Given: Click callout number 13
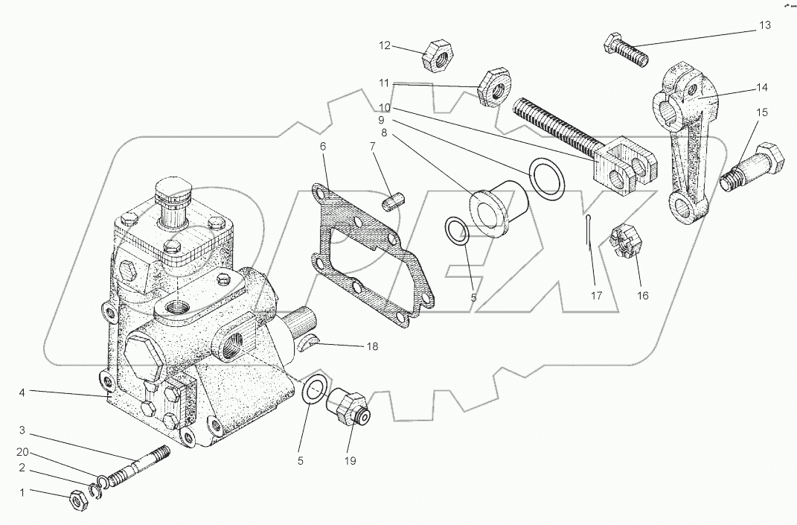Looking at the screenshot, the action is [765, 25].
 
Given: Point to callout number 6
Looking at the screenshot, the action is [323, 147].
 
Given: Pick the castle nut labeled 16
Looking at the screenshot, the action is [623, 242].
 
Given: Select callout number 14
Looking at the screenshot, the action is [761, 87].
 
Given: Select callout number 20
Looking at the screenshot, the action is [22, 451].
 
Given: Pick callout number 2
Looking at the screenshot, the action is [22, 468].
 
